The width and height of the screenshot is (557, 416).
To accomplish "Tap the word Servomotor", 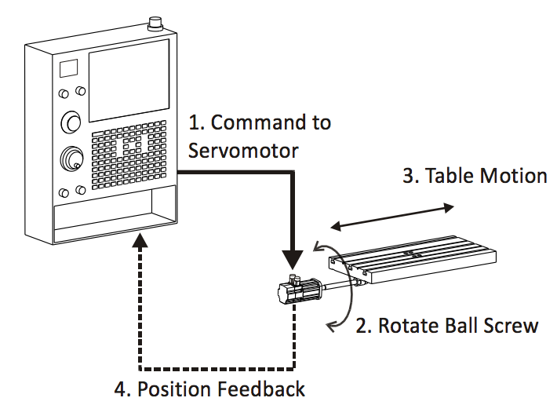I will (243, 149).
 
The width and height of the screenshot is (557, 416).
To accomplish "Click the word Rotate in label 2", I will (407, 326).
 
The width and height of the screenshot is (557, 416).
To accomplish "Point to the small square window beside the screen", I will (69, 69).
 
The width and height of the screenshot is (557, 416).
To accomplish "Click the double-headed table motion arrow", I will (391, 217).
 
